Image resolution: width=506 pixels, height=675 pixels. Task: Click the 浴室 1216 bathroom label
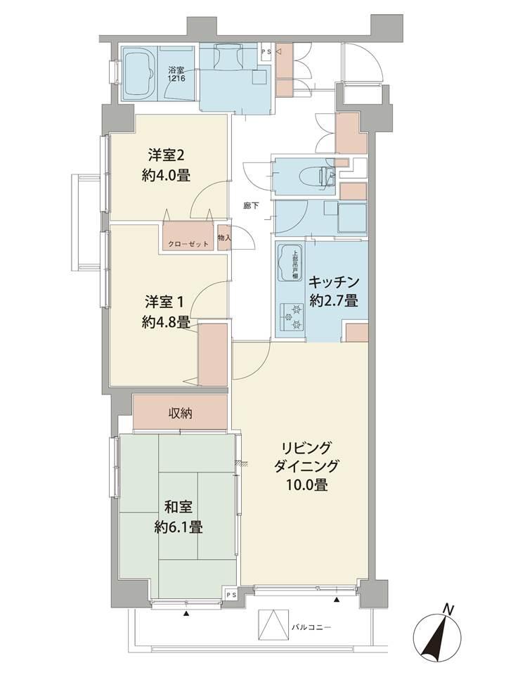tap(176, 74)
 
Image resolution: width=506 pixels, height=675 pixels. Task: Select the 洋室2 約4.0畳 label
tap(166, 165)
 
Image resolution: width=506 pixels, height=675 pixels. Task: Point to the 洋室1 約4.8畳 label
tap(166, 312)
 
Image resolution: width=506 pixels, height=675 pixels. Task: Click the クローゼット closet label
tap(188, 244)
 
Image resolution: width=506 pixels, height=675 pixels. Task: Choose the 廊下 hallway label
tap(251, 206)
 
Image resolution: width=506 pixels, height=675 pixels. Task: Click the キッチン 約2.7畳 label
tap(334, 291)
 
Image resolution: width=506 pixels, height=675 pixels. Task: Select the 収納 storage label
tap(180, 413)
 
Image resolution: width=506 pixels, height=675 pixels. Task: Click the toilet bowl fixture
tap(313, 175)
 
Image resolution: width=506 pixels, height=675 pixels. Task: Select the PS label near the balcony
tap(231, 596)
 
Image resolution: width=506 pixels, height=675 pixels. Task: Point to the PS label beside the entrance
tap(267, 51)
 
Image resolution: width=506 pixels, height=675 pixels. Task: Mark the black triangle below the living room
tap(337, 600)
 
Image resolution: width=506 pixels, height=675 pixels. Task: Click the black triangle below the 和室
tap(186, 614)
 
